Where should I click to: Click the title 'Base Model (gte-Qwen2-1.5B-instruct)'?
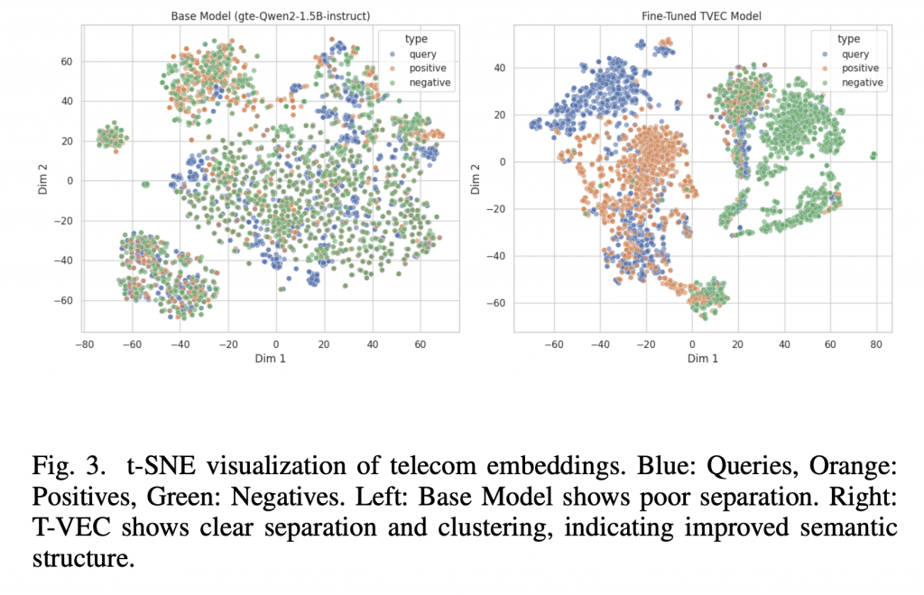tap(271, 16)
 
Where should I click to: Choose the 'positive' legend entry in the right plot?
tap(859, 68)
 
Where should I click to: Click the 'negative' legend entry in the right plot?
tap(862, 83)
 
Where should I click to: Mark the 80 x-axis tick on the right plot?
tap(875, 343)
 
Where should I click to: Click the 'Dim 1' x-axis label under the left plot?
tap(271, 358)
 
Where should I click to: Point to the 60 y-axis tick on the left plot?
tap(67, 61)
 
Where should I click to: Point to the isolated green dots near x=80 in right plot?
tap(873, 156)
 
